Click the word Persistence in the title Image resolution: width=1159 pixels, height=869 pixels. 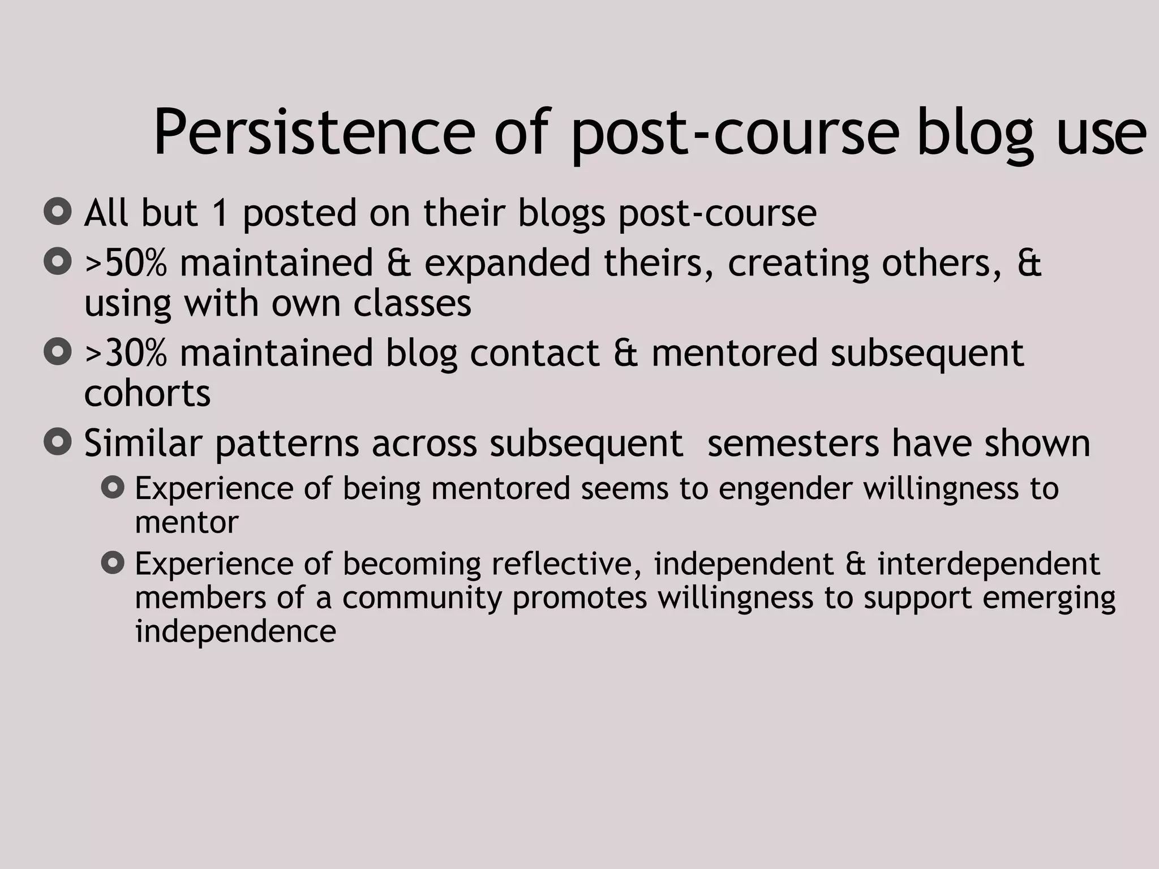tap(314, 133)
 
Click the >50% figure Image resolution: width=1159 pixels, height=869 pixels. tap(126, 264)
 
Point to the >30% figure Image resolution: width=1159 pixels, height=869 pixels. tap(126, 353)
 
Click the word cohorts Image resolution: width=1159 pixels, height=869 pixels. tap(147, 393)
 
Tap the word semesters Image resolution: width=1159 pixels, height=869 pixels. tap(793, 443)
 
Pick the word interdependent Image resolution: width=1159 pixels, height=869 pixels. tap(988, 564)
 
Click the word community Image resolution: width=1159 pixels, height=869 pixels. tap(422, 598)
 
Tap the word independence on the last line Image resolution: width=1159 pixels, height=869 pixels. tap(235, 631)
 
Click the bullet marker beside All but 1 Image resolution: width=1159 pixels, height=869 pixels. tap(58, 212)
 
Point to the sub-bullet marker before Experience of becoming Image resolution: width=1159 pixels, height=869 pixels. tap(113, 563)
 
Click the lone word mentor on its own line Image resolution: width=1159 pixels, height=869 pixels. tap(186, 522)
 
